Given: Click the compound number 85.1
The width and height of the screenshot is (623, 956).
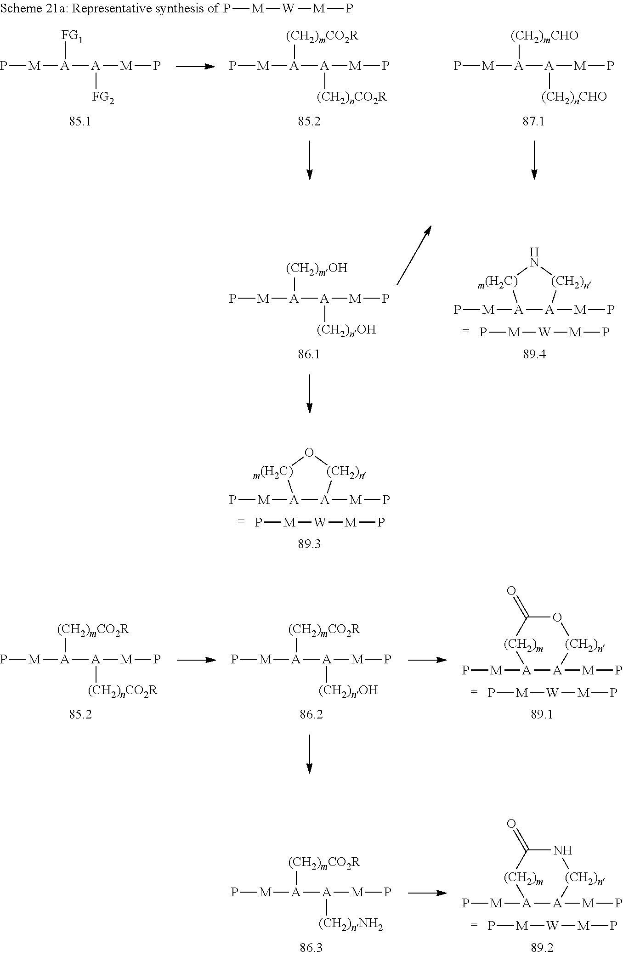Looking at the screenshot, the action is pos(80,122).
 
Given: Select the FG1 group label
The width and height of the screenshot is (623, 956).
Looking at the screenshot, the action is pos(72,36).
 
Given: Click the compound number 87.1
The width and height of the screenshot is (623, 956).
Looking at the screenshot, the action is pos(533,122).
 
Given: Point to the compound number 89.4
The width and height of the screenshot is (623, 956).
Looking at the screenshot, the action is pos(534,355).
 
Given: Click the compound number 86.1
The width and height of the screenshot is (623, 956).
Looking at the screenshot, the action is pos(309,354).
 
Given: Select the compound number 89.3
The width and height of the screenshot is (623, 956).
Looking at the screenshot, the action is pos(309,544).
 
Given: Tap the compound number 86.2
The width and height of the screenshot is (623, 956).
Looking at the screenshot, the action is pos(311,714).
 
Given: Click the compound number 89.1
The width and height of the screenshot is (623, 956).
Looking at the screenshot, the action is pos(542,714).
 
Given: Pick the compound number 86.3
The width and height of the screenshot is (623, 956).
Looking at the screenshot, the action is pos(311,947).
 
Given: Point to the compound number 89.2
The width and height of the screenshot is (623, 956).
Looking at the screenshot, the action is pos(542,947).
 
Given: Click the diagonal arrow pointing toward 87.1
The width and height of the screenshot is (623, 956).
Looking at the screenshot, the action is pos(413,255).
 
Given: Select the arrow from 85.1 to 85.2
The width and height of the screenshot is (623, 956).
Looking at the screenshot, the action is pos(195,67).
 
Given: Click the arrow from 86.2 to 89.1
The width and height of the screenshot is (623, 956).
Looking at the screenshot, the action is pos(427,660).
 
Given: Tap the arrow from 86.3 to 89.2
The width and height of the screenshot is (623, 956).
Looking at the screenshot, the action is pos(427,893).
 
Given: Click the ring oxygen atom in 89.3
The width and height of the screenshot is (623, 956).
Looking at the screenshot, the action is pos(309,453).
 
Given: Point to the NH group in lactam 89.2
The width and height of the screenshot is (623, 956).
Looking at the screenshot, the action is pos(562,850).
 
